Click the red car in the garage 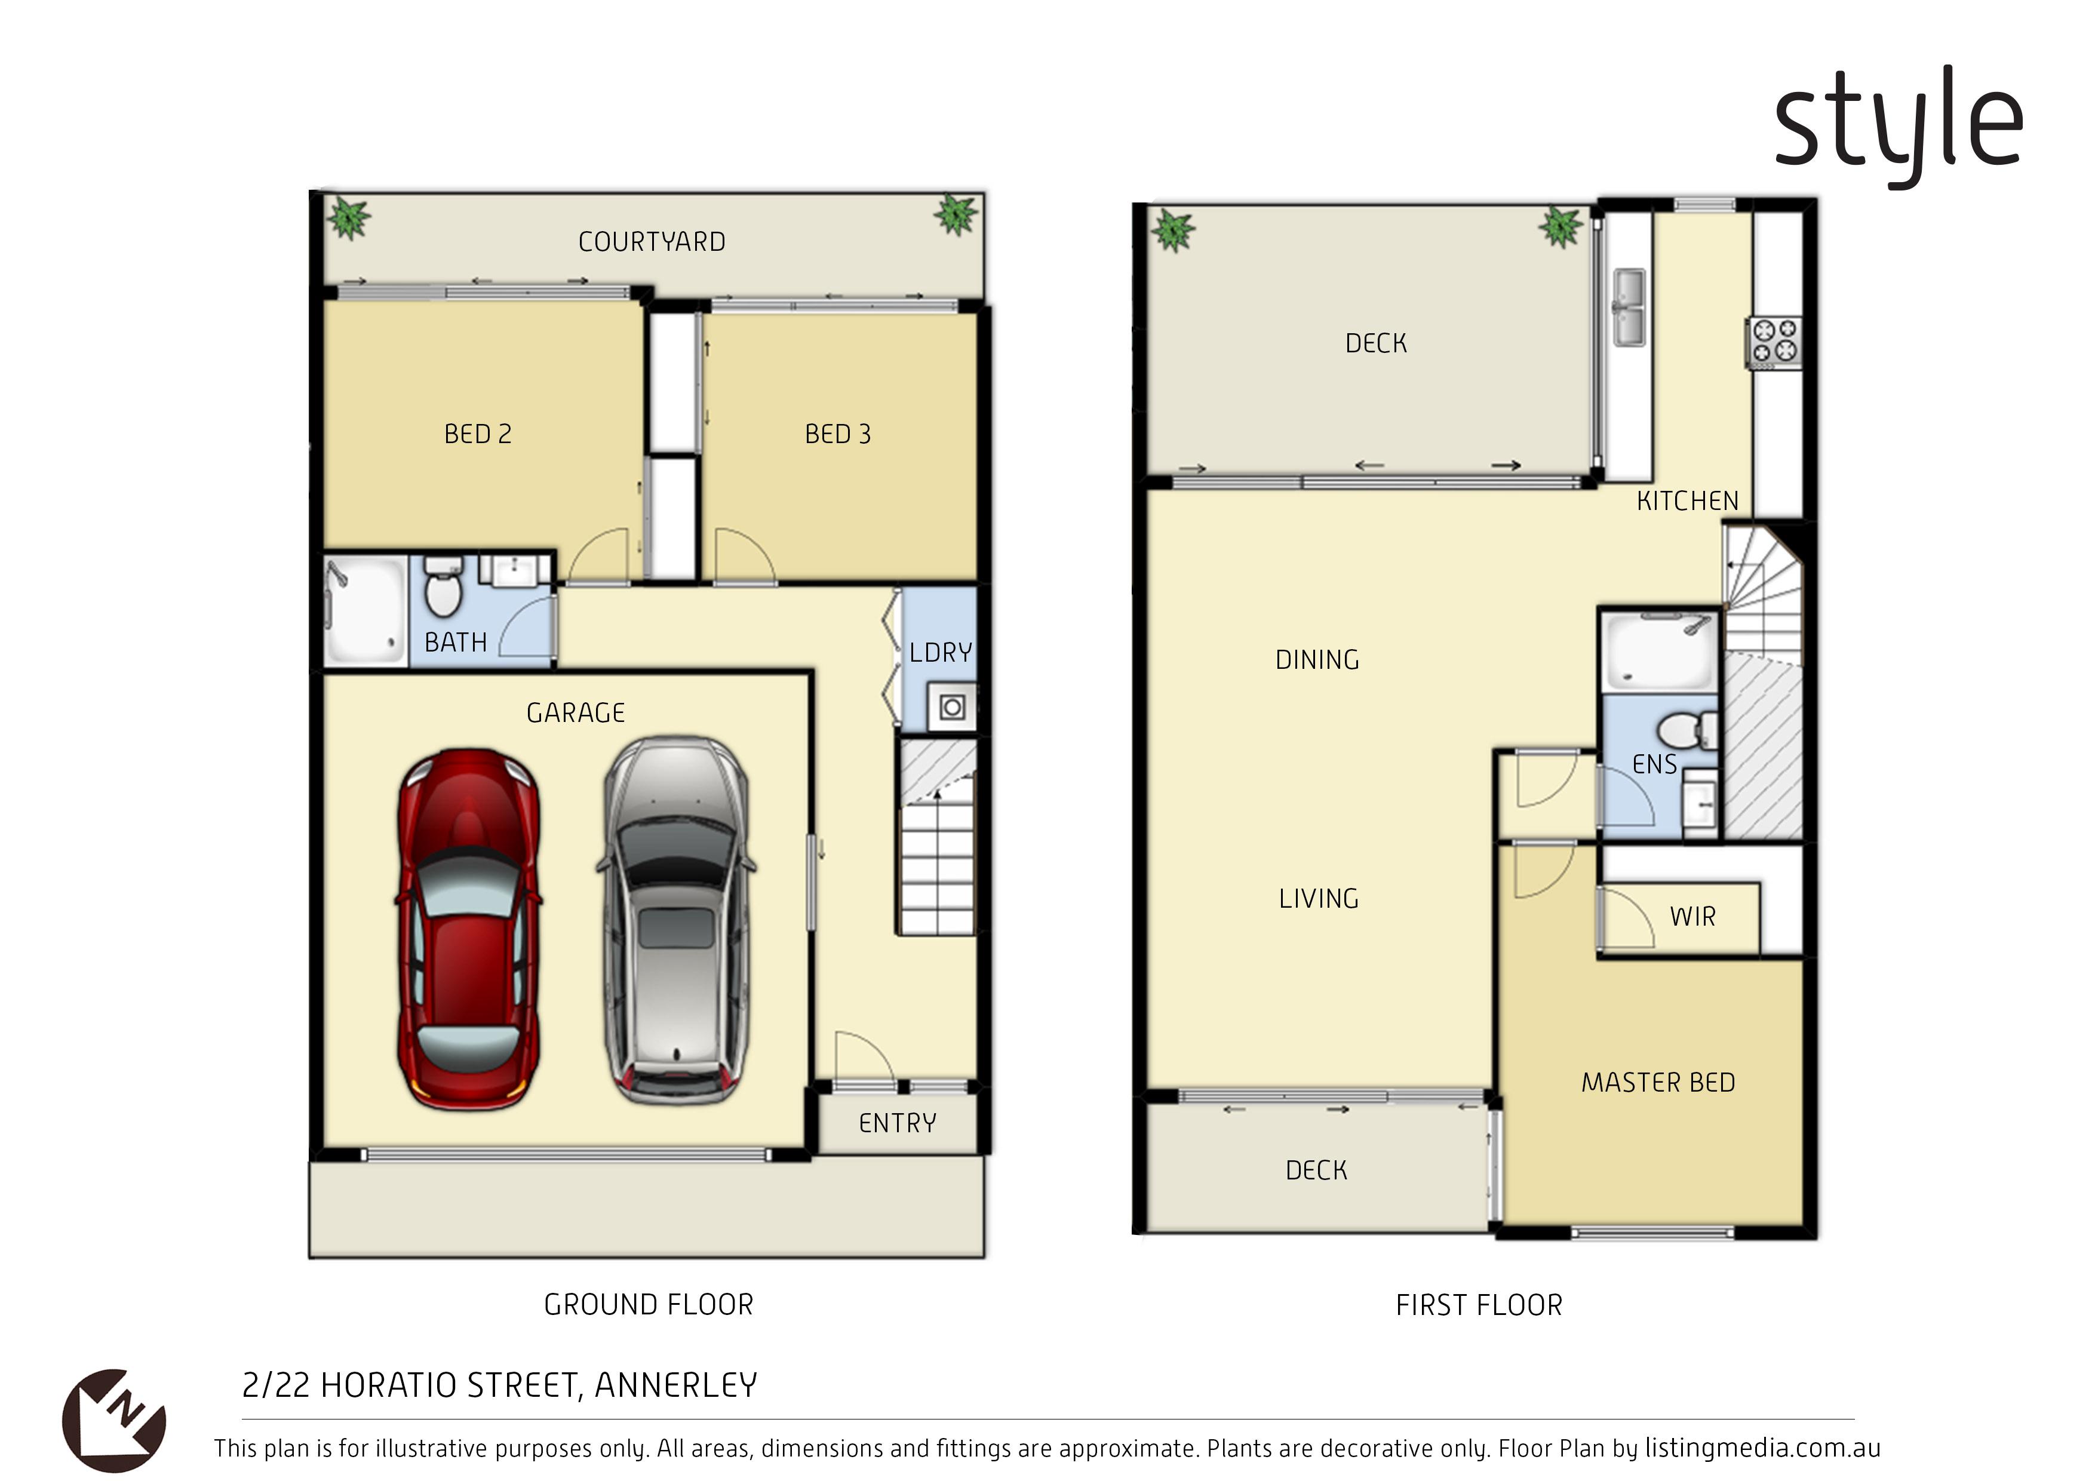[x=468, y=929]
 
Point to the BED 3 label [x=838, y=434]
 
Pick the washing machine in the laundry [x=952, y=707]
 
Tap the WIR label [x=1692, y=917]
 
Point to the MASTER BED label [x=1658, y=1083]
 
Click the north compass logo [x=114, y=1420]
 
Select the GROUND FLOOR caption [x=649, y=1305]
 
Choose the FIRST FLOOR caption [x=1479, y=1305]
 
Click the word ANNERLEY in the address [x=676, y=1386]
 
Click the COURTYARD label [x=652, y=242]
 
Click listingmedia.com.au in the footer [x=1763, y=1448]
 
